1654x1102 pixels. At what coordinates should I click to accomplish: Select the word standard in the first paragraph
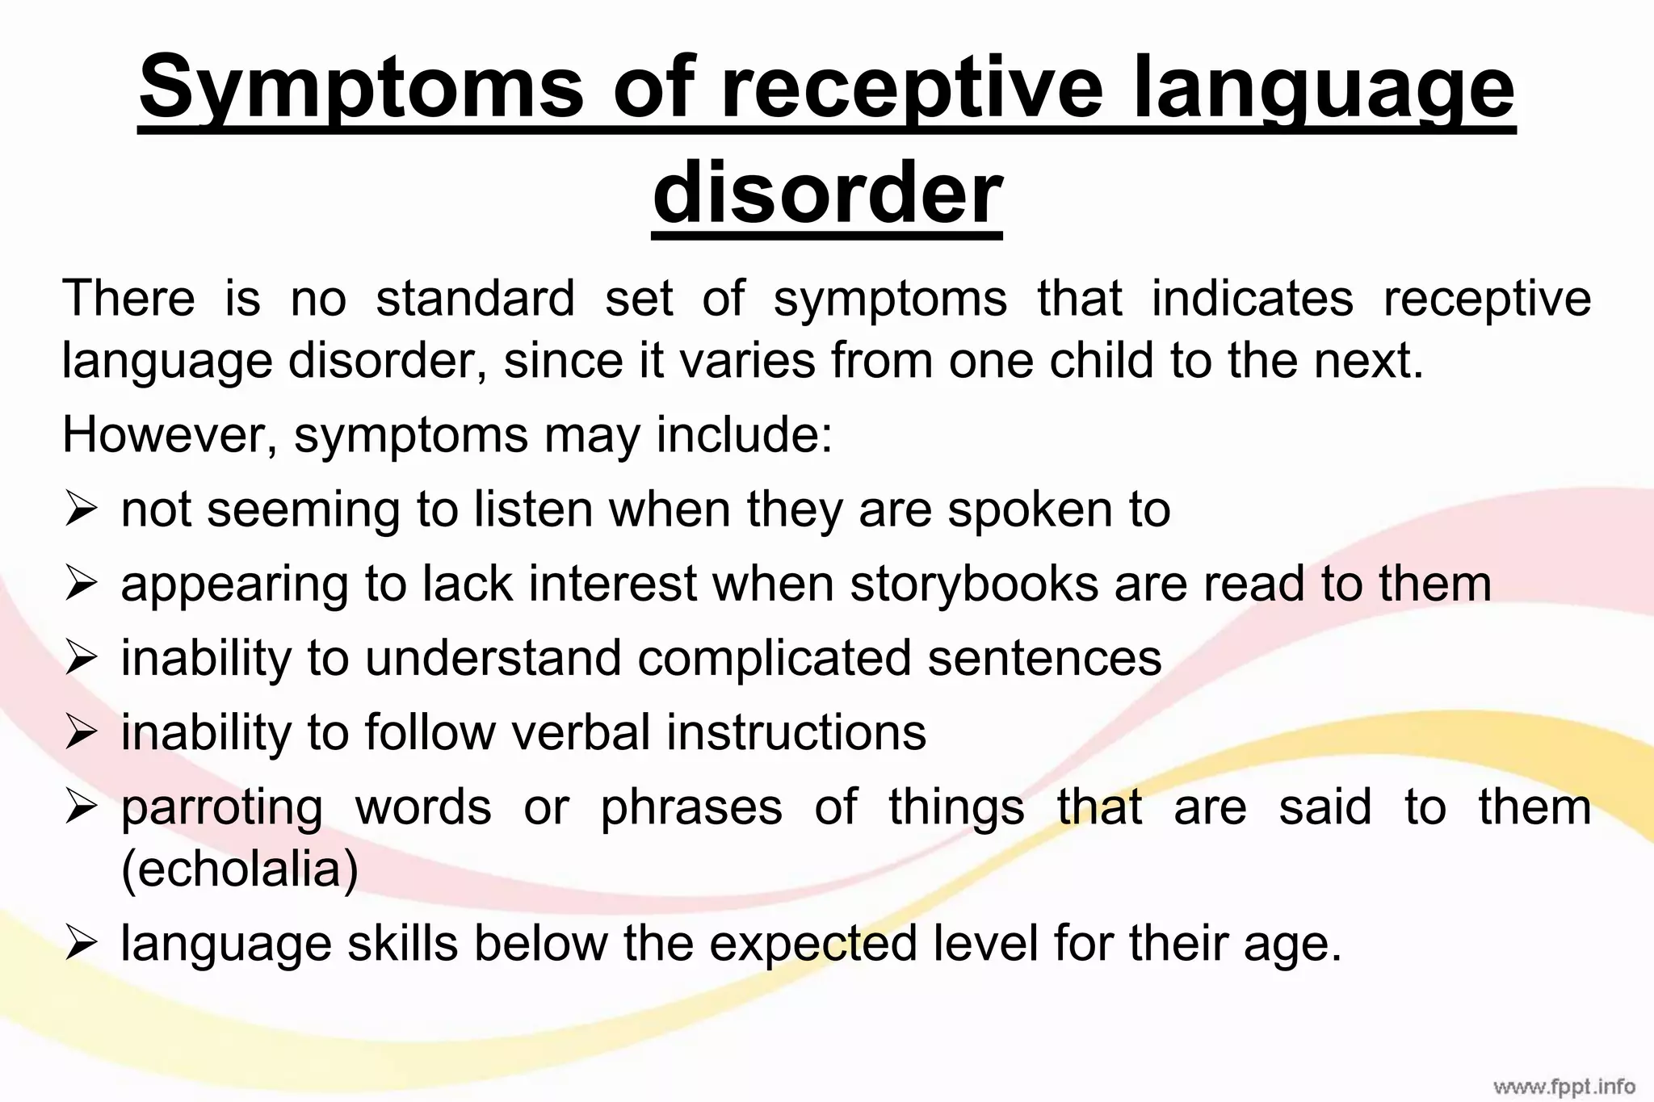coord(475,298)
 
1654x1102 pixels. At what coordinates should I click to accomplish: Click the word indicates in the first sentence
coord(1252,298)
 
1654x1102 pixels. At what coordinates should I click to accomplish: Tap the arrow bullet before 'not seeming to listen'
coord(82,510)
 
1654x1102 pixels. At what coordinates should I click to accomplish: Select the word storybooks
coord(974,584)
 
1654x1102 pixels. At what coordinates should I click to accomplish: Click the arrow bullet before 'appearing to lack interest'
coord(82,584)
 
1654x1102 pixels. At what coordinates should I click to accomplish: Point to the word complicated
coord(775,658)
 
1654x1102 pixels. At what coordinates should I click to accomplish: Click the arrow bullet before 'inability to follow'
coord(82,733)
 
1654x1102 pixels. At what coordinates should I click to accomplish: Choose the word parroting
coord(222,807)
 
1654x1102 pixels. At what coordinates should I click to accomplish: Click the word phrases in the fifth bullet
coord(691,807)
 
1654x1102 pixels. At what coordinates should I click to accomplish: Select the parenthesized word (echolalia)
coord(240,869)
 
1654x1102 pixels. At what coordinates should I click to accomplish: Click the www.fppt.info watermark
coord(1564,1086)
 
